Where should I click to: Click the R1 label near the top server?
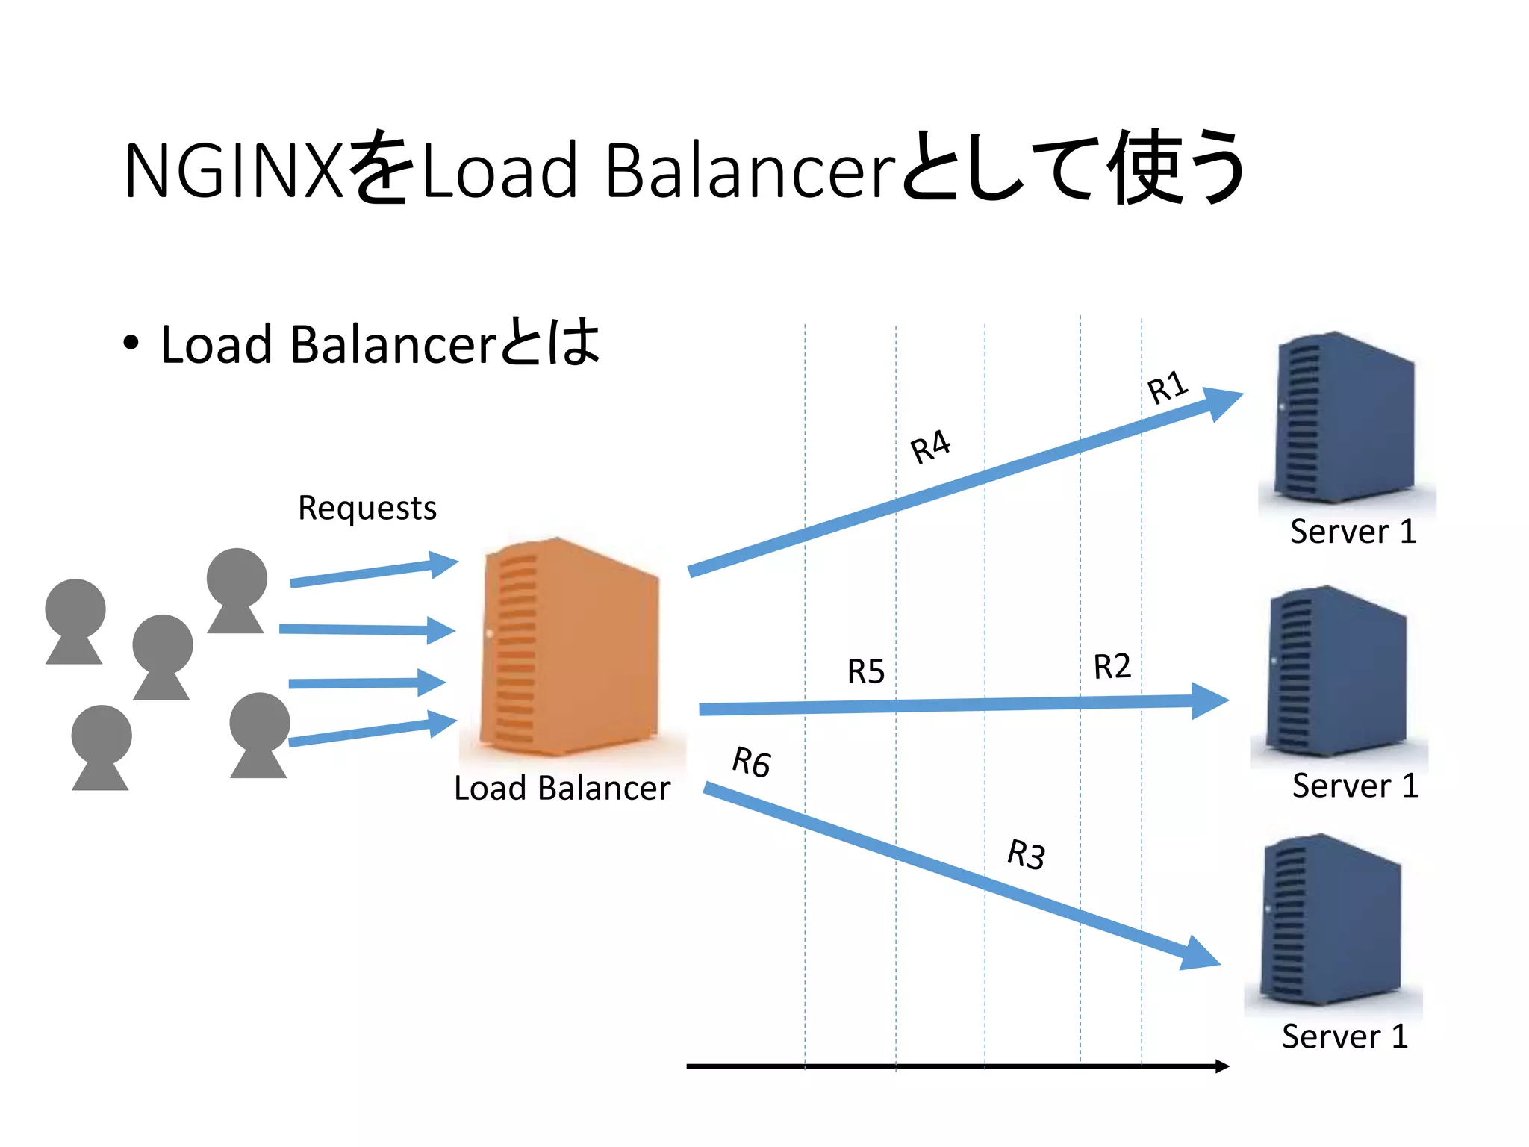pyautogui.click(x=1167, y=387)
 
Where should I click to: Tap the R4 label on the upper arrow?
pyautogui.click(x=930, y=447)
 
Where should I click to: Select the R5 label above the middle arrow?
pyautogui.click(x=865, y=671)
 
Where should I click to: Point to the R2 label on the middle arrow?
pyautogui.click(x=1112, y=666)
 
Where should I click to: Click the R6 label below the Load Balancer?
pyautogui.click(x=751, y=762)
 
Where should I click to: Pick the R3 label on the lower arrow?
pyautogui.click(x=1026, y=854)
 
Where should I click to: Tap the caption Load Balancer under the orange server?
pyautogui.click(x=561, y=789)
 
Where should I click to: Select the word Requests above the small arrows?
pyautogui.click(x=367, y=509)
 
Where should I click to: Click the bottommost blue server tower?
pyautogui.click(x=1330, y=920)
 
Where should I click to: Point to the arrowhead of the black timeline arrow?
pyautogui.click(x=1221, y=1066)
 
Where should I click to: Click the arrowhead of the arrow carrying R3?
pyautogui.click(x=1201, y=954)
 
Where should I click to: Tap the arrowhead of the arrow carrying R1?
pyautogui.click(x=1223, y=402)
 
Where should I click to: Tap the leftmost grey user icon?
pyautogui.click(x=75, y=621)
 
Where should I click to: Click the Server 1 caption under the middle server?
pyautogui.click(x=1354, y=786)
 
